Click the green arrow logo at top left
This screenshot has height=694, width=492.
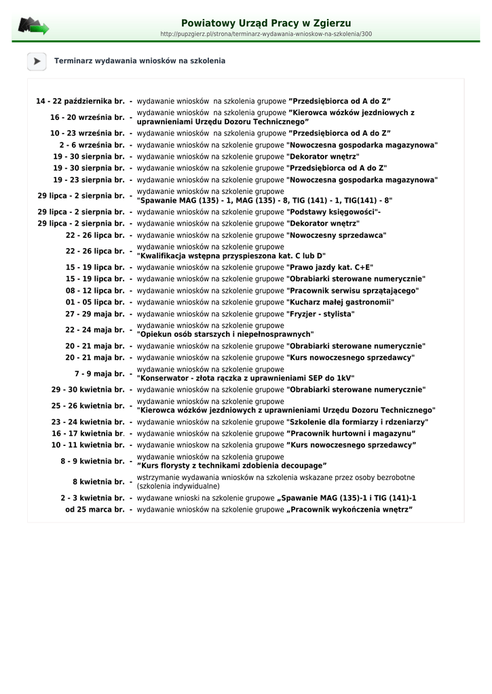(33, 27)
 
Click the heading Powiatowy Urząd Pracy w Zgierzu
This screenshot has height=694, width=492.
(266, 23)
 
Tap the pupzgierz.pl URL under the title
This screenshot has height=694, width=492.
(266, 34)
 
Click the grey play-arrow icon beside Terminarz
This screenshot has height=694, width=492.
(37, 61)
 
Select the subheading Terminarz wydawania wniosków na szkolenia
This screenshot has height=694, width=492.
(140, 61)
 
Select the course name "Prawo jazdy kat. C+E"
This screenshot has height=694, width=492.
(330, 268)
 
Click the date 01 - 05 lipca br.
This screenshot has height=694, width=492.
(95, 302)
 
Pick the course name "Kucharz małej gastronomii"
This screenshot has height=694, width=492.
(340, 302)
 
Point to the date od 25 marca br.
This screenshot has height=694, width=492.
(95, 510)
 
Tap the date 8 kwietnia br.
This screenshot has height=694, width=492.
(98, 482)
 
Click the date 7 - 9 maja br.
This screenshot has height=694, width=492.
(100, 374)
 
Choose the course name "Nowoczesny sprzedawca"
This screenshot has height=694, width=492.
(336, 235)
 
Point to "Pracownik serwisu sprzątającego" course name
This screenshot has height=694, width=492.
(353, 291)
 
